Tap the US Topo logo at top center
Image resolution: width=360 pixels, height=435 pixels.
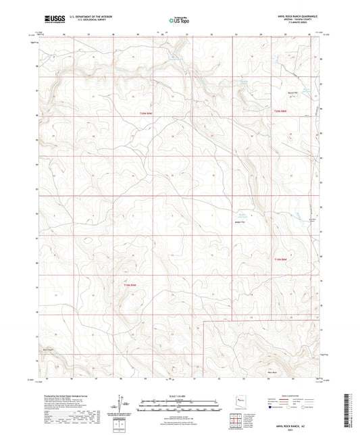click(177, 20)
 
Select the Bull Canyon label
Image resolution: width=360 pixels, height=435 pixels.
click(47, 349)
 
